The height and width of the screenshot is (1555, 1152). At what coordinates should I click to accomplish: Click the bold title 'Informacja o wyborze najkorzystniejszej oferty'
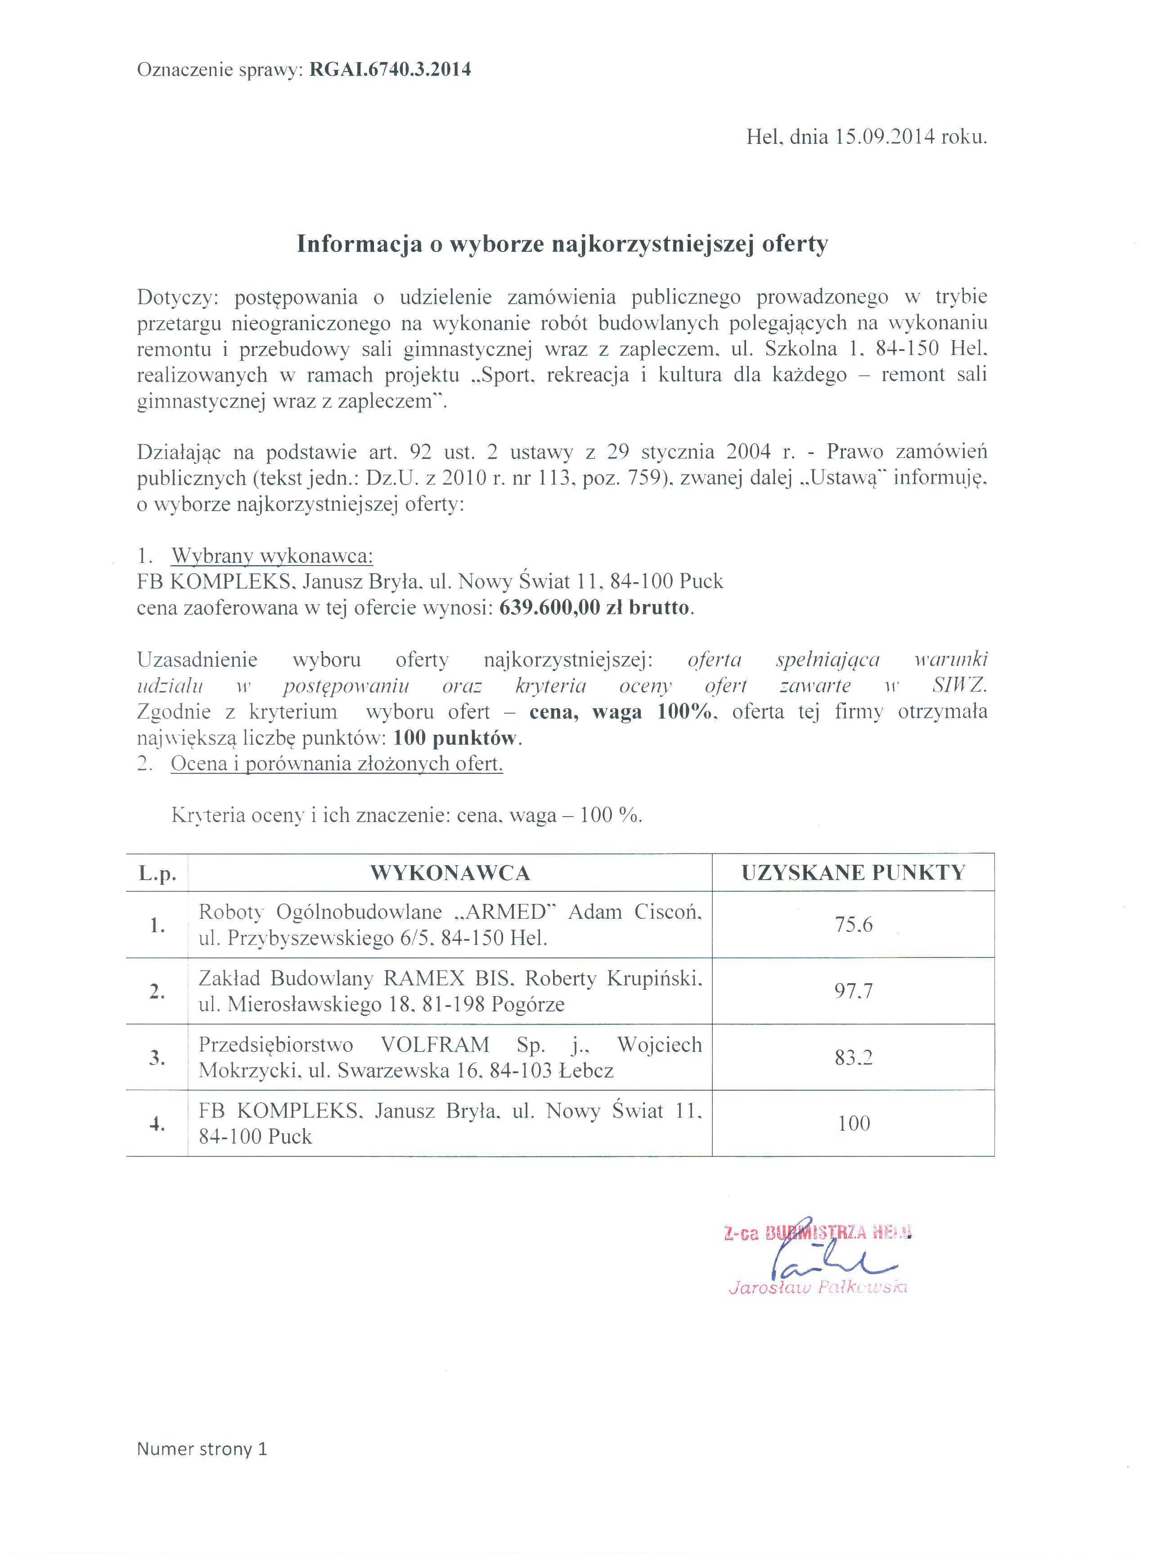(562, 243)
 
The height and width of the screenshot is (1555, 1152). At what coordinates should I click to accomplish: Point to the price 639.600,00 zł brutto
(595, 607)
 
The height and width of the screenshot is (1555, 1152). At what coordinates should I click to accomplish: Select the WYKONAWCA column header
(450, 872)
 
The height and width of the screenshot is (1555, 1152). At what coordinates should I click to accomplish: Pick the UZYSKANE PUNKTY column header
(853, 872)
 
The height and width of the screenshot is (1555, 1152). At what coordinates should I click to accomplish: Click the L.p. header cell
(157, 873)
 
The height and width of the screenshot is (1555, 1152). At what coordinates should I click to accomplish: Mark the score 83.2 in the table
(854, 1058)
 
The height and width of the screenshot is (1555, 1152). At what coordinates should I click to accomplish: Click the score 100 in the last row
(854, 1124)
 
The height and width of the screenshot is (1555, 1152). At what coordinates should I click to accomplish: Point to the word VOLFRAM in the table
(434, 1045)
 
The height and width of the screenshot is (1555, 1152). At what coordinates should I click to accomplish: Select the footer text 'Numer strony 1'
(202, 1449)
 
